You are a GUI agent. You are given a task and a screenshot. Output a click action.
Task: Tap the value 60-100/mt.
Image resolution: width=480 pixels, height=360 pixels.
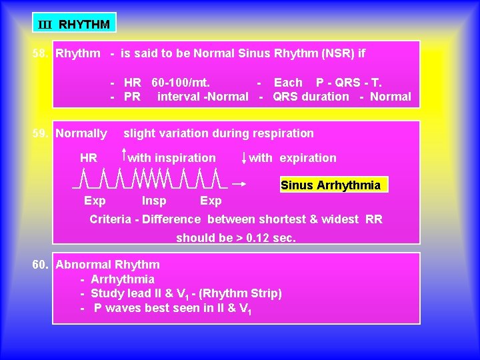point(181,83)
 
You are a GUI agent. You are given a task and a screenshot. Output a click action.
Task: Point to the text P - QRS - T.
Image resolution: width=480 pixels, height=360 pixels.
point(349,83)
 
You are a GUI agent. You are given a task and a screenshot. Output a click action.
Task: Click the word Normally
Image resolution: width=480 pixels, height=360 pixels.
point(81,133)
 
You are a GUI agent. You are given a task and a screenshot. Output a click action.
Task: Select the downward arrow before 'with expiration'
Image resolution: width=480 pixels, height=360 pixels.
point(244,158)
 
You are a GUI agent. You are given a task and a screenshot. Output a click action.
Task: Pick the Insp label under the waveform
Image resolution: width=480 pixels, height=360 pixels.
point(154,201)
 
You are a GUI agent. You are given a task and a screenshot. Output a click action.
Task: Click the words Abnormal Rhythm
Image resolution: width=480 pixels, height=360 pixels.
point(107,265)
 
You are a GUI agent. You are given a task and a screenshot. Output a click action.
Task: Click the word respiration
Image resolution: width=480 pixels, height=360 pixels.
point(280,133)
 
